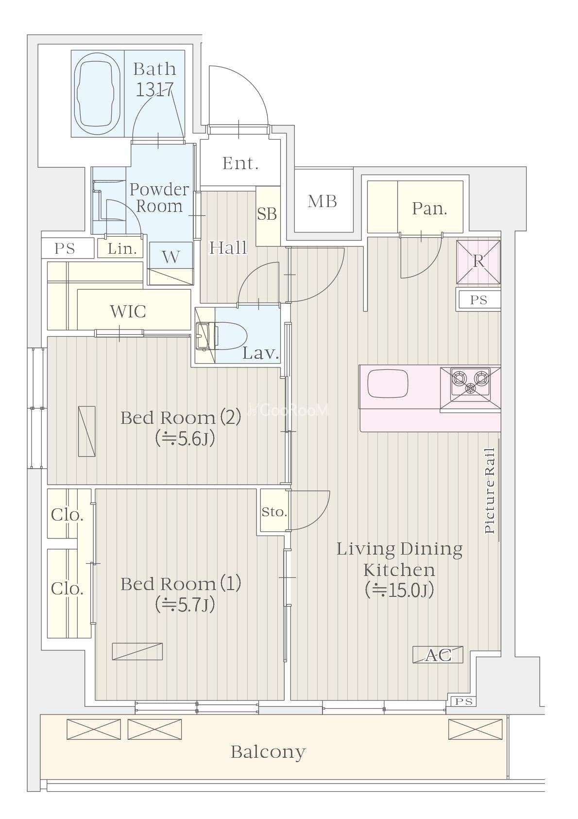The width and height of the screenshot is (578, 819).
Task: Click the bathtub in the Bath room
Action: (x=97, y=94)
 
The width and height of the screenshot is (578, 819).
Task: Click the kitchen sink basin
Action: (x=388, y=383)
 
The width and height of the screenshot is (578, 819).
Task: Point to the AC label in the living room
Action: (x=438, y=655)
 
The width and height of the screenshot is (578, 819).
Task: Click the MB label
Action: (x=322, y=201)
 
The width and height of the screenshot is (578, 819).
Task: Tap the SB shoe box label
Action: (x=267, y=214)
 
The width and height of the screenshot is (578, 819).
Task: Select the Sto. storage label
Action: (x=274, y=512)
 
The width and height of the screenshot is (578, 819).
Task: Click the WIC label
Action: (x=128, y=312)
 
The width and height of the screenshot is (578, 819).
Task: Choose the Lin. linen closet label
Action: (x=122, y=249)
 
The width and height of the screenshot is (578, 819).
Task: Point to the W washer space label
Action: (x=170, y=258)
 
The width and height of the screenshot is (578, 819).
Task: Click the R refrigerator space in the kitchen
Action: (x=478, y=262)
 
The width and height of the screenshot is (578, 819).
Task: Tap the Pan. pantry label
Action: (x=429, y=209)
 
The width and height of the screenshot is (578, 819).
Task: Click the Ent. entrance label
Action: (x=240, y=163)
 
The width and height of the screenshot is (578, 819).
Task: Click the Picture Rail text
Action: (x=490, y=490)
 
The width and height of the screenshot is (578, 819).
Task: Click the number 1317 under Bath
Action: (x=154, y=89)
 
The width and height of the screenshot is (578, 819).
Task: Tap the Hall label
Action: (x=228, y=248)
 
